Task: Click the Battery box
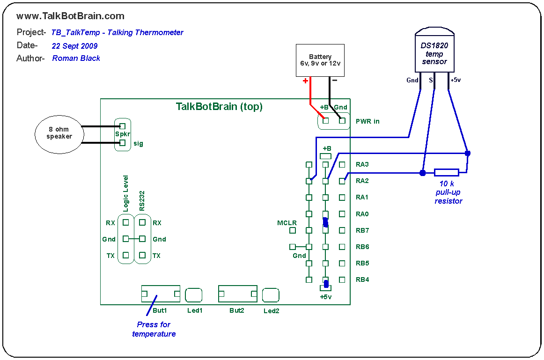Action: (x=320, y=60)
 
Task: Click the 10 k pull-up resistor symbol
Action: (x=446, y=173)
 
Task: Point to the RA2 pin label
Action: (x=362, y=181)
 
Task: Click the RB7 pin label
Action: (x=362, y=230)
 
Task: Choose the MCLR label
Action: (x=287, y=223)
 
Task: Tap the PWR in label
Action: (x=368, y=121)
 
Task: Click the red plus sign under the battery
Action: (x=306, y=81)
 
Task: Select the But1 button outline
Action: (x=161, y=294)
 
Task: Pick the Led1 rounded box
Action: (x=194, y=295)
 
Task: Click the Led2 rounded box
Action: (x=271, y=295)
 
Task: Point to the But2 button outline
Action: (x=237, y=294)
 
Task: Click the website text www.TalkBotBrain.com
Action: (x=70, y=16)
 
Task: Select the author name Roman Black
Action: (x=76, y=59)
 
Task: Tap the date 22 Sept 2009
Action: (x=75, y=46)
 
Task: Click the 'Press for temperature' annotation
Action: (x=154, y=329)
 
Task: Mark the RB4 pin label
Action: (x=362, y=280)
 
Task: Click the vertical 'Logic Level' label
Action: (x=125, y=194)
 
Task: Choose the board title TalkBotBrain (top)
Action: (x=219, y=107)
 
